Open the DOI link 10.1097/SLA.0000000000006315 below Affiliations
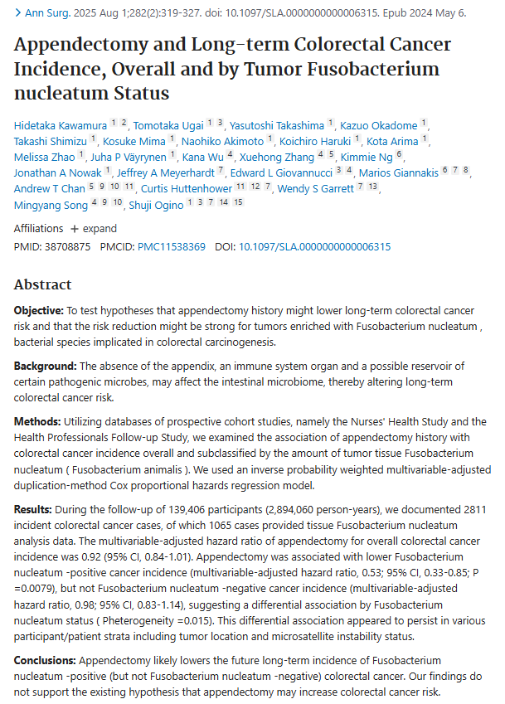[315, 246]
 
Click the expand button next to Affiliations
[93, 228]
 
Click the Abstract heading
[42, 284]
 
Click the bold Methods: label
[37, 421]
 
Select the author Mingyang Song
[50, 205]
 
